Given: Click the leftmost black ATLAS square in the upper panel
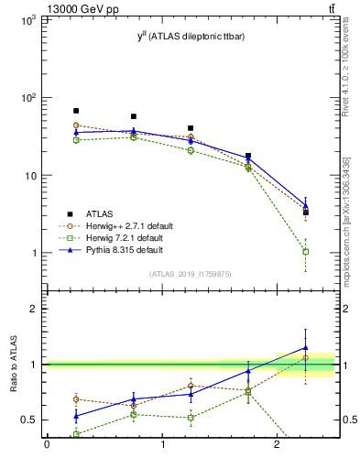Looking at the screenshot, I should [x=76, y=111].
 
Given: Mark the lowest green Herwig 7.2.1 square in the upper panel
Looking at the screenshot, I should [x=306, y=251].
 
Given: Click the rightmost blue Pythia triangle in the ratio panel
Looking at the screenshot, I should [x=306, y=348].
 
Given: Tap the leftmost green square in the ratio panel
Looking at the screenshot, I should [x=76, y=434].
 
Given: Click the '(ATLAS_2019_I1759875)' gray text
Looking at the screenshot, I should [x=191, y=273].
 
